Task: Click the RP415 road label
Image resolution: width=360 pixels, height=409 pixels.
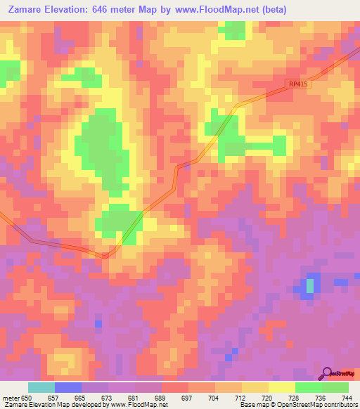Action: [298, 84]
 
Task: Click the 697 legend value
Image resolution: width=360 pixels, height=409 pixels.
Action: [188, 398]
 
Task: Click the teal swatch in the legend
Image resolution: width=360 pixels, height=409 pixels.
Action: [41, 387]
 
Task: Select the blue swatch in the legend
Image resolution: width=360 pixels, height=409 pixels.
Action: [67, 387]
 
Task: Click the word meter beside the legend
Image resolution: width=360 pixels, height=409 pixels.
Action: [10, 398]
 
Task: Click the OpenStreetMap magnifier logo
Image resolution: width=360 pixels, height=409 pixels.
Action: [326, 373]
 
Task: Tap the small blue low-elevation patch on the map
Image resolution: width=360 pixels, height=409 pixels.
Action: [309, 285]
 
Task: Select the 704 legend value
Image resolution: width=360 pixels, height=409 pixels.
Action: [214, 398]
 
